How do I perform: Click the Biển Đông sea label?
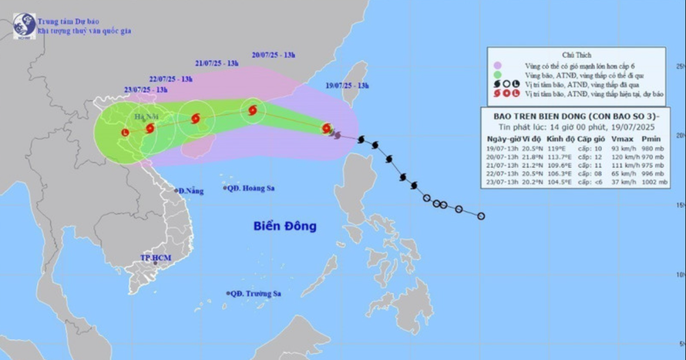click(284, 227)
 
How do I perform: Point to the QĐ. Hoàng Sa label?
click(251, 188)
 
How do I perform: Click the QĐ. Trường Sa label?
click(254, 293)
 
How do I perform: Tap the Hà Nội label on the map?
click(143, 116)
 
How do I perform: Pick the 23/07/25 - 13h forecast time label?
click(146, 90)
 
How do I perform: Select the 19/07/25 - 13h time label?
click(346, 86)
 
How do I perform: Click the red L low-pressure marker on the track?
click(125, 133)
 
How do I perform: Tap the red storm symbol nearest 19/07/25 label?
click(326, 128)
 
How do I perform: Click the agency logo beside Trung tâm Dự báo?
click(24, 25)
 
